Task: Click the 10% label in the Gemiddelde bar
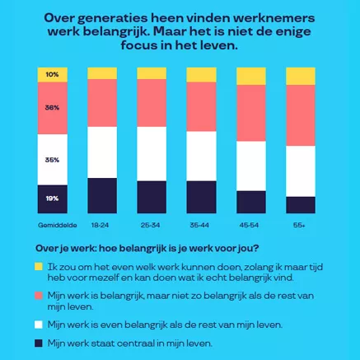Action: [52, 74]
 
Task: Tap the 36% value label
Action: [52, 108]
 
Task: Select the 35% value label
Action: [52, 160]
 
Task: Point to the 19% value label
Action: [52, 199]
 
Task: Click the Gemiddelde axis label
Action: [53, 225]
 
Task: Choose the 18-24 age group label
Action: [101, 225]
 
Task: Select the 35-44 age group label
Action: [201, 225]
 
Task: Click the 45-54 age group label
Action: [250, 225]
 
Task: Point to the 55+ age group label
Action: [300, 225]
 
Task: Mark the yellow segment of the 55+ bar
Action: [301, 75]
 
